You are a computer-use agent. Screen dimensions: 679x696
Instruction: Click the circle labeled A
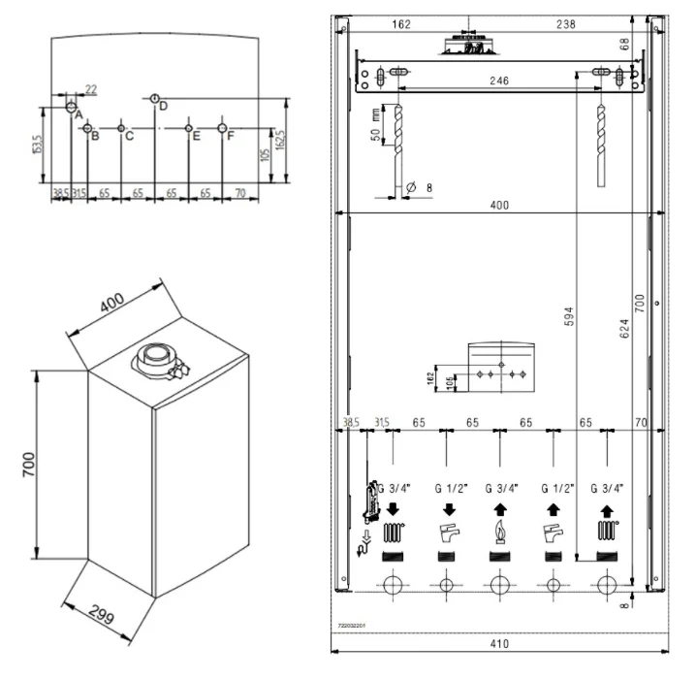click(x=71, y=106)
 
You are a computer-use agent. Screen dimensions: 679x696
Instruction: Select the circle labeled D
click(x=155, y=98)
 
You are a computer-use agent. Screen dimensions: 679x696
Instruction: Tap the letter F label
click(x=231, y=136)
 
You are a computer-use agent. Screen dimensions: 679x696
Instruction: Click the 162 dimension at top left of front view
click(x=402, y=24)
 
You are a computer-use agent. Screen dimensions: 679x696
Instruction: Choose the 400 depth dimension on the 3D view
click(x=111, y=304)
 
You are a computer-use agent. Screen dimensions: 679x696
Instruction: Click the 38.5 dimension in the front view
click(x=351, y=422)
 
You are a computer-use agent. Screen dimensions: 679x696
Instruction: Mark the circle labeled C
click(x=120, y=128)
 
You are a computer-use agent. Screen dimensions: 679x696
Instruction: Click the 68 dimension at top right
click(x=652, y=44)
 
